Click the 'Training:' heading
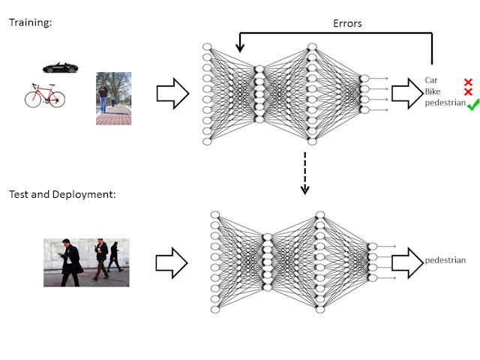click(30, 22)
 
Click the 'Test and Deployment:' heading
click(62, 194)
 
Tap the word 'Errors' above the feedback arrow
click(347, 23)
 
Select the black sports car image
click(60, 67)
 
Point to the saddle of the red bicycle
click(52, 85)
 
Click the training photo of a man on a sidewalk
click(113, 98)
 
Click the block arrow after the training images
click(172, 94)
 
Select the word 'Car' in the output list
click(431, 80)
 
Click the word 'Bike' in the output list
click(432, 91)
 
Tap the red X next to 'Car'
click(468, 82)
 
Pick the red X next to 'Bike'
click(468, 91)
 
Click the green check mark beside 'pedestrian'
click(472, 105)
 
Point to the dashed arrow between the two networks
click(305, 173)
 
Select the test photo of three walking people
click(86, 262)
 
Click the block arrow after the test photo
click(172, 263)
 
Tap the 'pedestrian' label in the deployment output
click(445, 260)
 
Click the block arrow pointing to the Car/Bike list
click(407, 94)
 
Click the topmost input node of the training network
click(207, 46)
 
